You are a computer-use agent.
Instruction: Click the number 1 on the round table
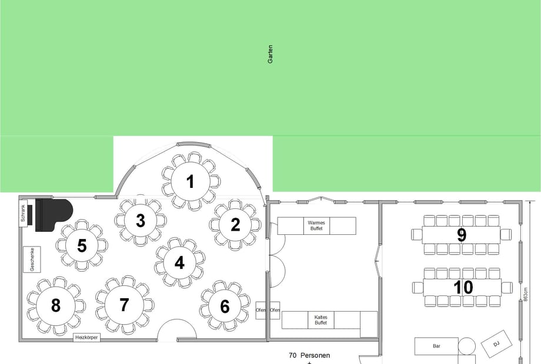pos(190,181)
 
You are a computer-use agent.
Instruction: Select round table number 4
pos(179,263)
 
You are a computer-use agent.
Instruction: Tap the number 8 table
pos(55,305)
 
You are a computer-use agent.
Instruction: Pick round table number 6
pos(225,306)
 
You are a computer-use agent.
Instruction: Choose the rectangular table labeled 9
pos(461,235)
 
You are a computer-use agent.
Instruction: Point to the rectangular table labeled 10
pos(462,287)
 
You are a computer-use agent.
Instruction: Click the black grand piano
pos(54,215)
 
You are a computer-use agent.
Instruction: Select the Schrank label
pos(23,213)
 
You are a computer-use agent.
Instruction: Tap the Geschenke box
pos(32,259)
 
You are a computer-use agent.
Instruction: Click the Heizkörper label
pos(86,338)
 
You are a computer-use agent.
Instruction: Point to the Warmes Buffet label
pos(316,225)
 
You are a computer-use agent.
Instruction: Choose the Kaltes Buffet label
pos(321,320)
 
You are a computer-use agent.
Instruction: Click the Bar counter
pos(436,346)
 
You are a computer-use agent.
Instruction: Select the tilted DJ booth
pos(496,343)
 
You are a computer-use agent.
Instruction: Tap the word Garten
pos(270,54)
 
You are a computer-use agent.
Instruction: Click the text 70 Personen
pos(309,355)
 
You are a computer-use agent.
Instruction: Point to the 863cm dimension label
pos(526,295)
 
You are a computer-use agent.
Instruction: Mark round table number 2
pos(235,224)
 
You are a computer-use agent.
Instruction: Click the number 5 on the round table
pos(82,245)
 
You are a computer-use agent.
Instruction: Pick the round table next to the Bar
pos(467,346)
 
